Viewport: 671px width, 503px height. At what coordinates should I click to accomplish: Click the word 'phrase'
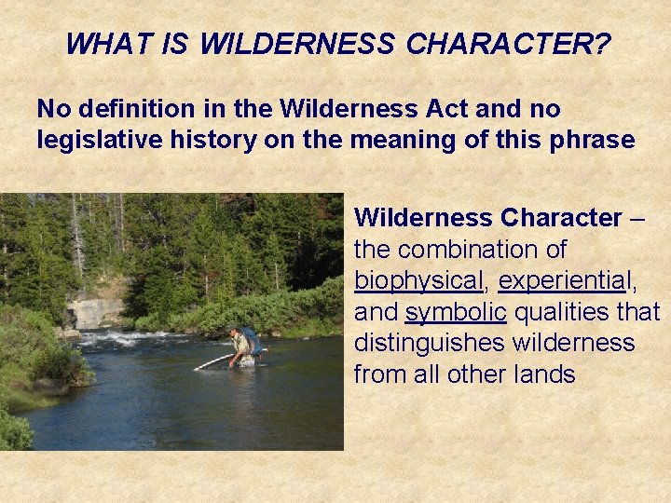[x=593, y=141]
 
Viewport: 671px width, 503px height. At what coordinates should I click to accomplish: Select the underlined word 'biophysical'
[x=418, y=280]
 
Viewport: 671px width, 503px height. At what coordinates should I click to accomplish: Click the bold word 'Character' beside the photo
[x=561, y=218]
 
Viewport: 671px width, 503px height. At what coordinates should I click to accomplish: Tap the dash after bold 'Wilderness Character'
[x=637, y=218]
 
